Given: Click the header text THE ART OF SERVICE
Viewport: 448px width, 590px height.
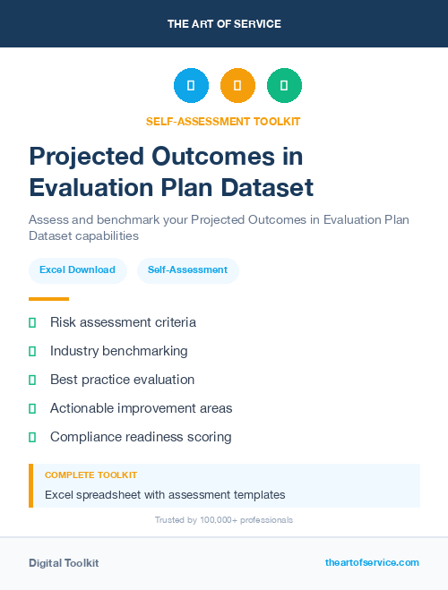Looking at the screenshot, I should coord(224,24).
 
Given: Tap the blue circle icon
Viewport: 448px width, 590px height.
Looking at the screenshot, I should coord(191,86).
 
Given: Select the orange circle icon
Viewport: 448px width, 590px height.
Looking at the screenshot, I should coord(237,86).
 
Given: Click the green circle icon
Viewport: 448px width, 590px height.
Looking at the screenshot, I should coord(284,86).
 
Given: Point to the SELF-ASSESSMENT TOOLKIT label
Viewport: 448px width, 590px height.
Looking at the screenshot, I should coord(223,121).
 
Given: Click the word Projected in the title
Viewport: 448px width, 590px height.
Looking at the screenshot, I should coord(83,157).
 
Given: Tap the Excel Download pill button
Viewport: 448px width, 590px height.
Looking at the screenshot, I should coord(77,269).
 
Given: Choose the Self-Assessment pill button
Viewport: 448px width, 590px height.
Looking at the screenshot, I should coord(187,269).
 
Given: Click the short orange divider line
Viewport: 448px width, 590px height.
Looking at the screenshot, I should coord(48,299).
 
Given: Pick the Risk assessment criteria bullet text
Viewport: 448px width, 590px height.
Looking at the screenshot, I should coord(123,322).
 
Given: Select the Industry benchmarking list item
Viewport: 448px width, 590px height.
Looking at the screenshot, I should coord(118,351).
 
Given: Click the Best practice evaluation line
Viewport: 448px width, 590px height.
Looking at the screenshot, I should coord(122,380).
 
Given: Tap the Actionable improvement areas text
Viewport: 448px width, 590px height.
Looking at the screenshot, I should coord(141,408).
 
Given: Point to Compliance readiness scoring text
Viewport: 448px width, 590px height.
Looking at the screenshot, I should coord(141,437).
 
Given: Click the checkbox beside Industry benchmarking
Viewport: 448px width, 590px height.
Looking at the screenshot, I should coord(32,351).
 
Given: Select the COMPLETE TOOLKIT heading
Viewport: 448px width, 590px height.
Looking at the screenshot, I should coord(90,475).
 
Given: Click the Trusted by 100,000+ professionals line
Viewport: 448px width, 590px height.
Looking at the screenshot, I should coord(224,519).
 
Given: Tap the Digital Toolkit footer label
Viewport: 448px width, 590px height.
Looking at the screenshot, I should coord(64,563).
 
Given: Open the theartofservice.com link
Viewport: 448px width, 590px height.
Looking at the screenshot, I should coord(372,562).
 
